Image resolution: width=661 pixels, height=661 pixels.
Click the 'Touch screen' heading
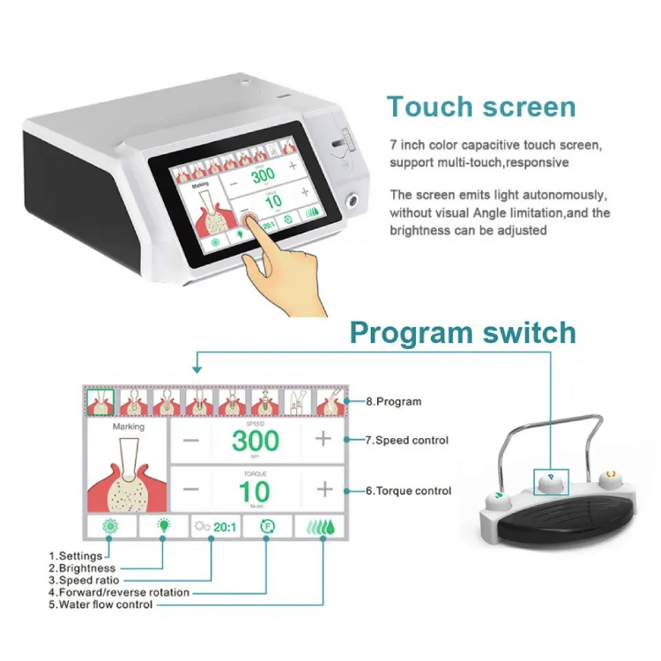481,107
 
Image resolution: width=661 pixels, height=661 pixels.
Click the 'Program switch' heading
463,332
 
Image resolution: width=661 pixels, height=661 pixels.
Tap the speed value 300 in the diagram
255,439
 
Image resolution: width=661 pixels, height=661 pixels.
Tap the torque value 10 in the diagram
255,490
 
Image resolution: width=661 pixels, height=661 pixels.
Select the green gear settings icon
110,528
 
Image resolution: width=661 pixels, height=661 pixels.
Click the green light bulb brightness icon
163,528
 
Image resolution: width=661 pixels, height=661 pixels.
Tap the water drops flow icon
321,528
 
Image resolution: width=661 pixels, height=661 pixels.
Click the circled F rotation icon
268,528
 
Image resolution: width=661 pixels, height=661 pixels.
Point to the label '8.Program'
394,401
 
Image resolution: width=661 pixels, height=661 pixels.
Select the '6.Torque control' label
409,491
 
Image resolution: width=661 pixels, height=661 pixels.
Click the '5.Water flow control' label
100,605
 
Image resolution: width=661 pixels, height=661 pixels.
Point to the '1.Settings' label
77,556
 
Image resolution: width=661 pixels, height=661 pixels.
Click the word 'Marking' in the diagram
129,427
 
